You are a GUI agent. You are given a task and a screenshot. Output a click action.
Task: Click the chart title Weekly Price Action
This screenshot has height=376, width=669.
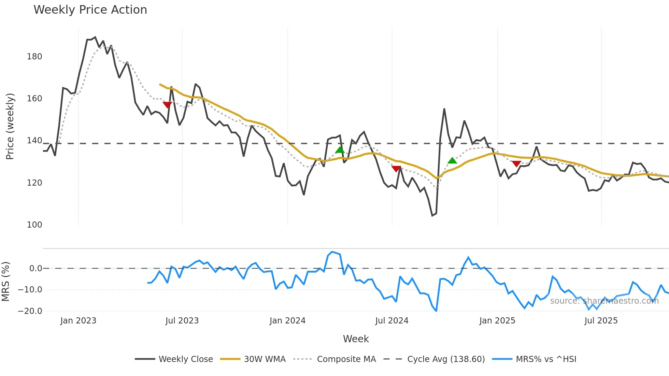coord(90,10)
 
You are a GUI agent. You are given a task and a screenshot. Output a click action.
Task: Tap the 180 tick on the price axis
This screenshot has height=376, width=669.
coord(34,57)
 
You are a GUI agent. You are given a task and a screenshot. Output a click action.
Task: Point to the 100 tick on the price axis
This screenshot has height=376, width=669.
coord(34,225)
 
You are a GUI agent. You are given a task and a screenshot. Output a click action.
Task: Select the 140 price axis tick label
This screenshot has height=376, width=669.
coord(34,141)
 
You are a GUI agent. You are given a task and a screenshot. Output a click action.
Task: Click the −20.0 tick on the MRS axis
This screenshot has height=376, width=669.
coord(30,311)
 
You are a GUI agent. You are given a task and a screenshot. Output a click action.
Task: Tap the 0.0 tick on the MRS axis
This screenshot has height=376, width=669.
coord(35,269)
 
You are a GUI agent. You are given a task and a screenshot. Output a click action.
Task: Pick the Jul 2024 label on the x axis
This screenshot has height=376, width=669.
coord(392,321)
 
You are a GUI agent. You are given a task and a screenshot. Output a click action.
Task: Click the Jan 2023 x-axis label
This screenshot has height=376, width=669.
coord(78,321)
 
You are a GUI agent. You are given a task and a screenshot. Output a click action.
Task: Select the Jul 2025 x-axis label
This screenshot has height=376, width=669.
coord(601,321)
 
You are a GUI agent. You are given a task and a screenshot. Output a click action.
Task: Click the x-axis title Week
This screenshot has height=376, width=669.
coord(356,339)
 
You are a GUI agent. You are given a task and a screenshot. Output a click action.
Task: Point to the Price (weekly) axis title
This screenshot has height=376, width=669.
coord(10,126)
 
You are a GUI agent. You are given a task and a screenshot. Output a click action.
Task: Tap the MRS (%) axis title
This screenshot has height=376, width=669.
coord(6,281)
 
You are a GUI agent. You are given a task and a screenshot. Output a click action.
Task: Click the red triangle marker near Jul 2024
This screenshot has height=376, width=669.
coord(396,169)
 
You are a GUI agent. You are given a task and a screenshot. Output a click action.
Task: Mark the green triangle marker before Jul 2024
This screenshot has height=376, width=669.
coord(340,150)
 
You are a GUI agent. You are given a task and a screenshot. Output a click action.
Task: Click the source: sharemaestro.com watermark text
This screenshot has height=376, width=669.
coord(604,301)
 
